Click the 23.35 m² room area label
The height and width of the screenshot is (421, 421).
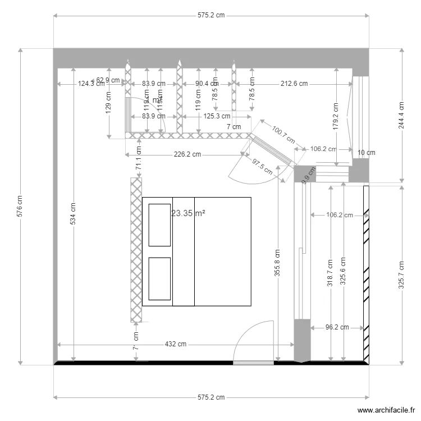click(x=188, y=213)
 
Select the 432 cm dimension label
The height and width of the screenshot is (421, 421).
click(x=175, y=344)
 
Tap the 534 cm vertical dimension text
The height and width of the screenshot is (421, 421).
click(x=73, y=214)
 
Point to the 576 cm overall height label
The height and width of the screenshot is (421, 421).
click(x=20, y=206)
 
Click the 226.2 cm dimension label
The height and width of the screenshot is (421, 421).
click(x=187, y=154)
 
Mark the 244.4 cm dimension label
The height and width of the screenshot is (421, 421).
click(x=401, y=116)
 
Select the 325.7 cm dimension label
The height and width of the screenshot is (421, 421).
click(x=401, y=273)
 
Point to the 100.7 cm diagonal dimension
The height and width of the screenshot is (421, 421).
click(x=283, y=135)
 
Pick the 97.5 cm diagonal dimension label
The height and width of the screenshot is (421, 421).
click(x=262, y=164)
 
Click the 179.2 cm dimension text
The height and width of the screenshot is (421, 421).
click(x=336, y=116)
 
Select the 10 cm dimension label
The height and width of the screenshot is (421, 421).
click(x=366, y=152)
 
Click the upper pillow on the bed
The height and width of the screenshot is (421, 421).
click(x=159, y=225)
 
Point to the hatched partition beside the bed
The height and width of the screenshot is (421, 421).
click(x=136, y=250)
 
